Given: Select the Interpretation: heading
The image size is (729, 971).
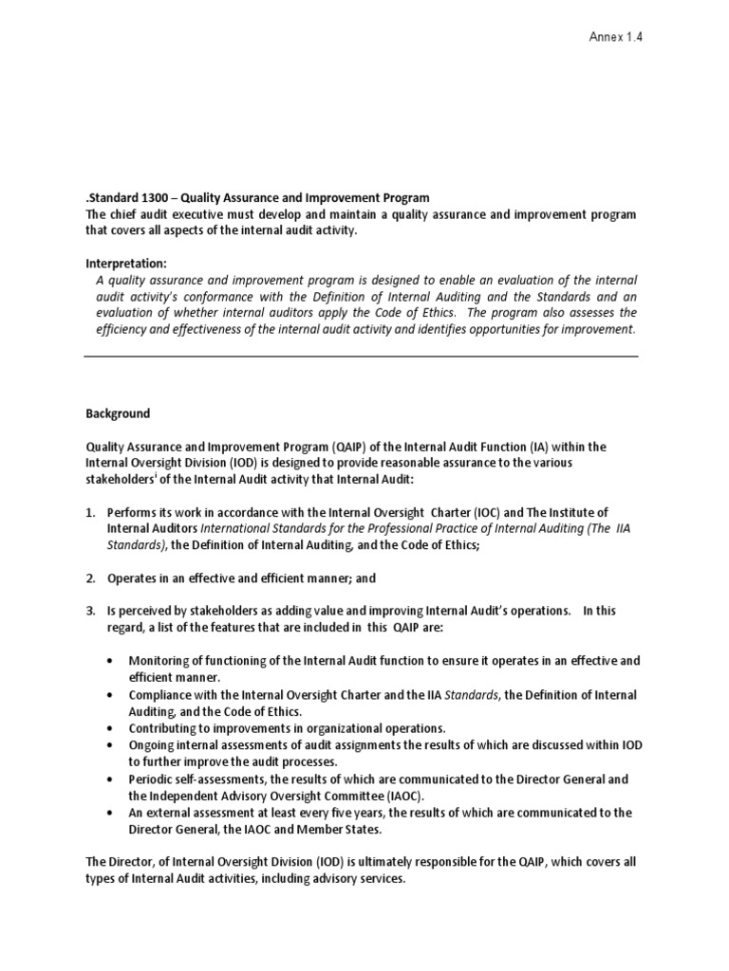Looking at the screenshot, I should [x=125, y=263].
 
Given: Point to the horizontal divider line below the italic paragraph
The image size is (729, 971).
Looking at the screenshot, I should [x=361, y=357].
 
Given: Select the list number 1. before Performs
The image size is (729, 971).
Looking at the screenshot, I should [x=90, y=512].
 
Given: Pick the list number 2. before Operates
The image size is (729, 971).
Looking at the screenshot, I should [x=90, y=578].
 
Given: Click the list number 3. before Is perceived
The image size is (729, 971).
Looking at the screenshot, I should [x=90, y=612].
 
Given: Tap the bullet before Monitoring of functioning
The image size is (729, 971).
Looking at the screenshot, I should [x=113, y=661].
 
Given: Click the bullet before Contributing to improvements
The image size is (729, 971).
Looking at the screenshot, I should [x=113, y=728].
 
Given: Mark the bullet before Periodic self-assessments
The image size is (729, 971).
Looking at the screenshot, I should [x=113, y=779].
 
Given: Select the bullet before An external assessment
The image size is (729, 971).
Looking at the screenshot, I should [x=113, y=814].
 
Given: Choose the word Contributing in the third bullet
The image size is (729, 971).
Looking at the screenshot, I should [x=167, y=728].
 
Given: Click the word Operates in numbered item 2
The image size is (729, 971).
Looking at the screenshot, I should [x=134, y=578].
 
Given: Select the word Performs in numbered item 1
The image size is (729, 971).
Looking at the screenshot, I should [x=133, y=512].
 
